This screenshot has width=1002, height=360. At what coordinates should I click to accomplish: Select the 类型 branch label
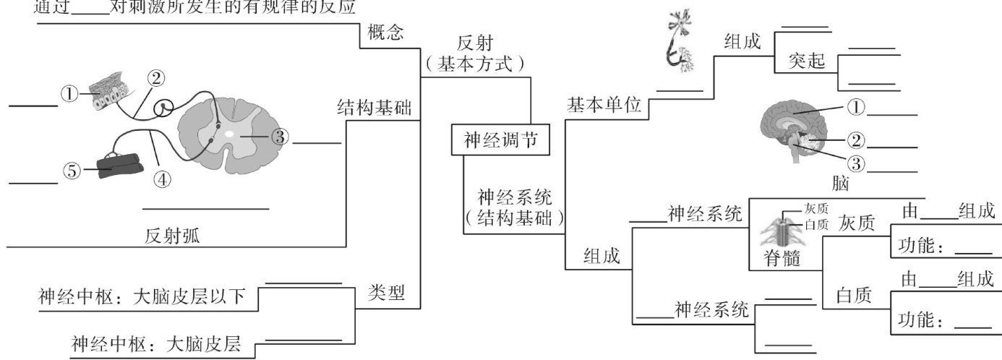click(386, 292)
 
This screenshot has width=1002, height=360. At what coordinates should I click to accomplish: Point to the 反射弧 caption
click(172, 236)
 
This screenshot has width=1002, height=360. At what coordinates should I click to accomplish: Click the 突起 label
click(807, 61)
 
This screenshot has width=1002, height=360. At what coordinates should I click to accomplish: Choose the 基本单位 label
click(604, 106)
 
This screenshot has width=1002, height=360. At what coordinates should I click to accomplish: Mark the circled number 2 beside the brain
click(856, 139)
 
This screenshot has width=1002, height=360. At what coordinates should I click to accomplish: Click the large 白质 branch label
click(854, 295)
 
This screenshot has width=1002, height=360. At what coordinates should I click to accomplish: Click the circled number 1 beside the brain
click(856, 107)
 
